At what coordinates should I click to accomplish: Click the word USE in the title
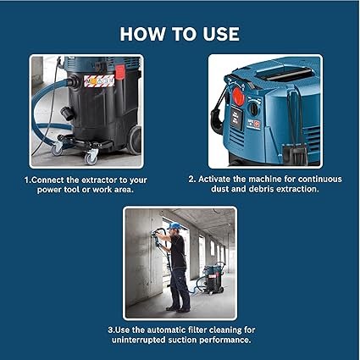point(221,34)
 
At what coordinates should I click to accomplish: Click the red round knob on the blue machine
point(239,97)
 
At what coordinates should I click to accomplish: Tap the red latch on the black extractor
point(119,72)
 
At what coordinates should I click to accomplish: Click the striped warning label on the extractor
point(99,80)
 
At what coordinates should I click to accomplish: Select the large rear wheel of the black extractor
point(134,140)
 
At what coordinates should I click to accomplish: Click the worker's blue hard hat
point(174,225)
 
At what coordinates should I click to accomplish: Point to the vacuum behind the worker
point(213,279)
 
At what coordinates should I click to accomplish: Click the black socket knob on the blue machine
point(254,108)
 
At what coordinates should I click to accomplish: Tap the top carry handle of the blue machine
point(285,75)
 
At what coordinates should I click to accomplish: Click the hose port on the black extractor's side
point(67,114)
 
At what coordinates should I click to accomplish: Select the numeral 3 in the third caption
point(110,330)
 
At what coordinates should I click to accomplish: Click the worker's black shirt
point(178,252)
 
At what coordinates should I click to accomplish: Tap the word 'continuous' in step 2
point(320,179)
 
